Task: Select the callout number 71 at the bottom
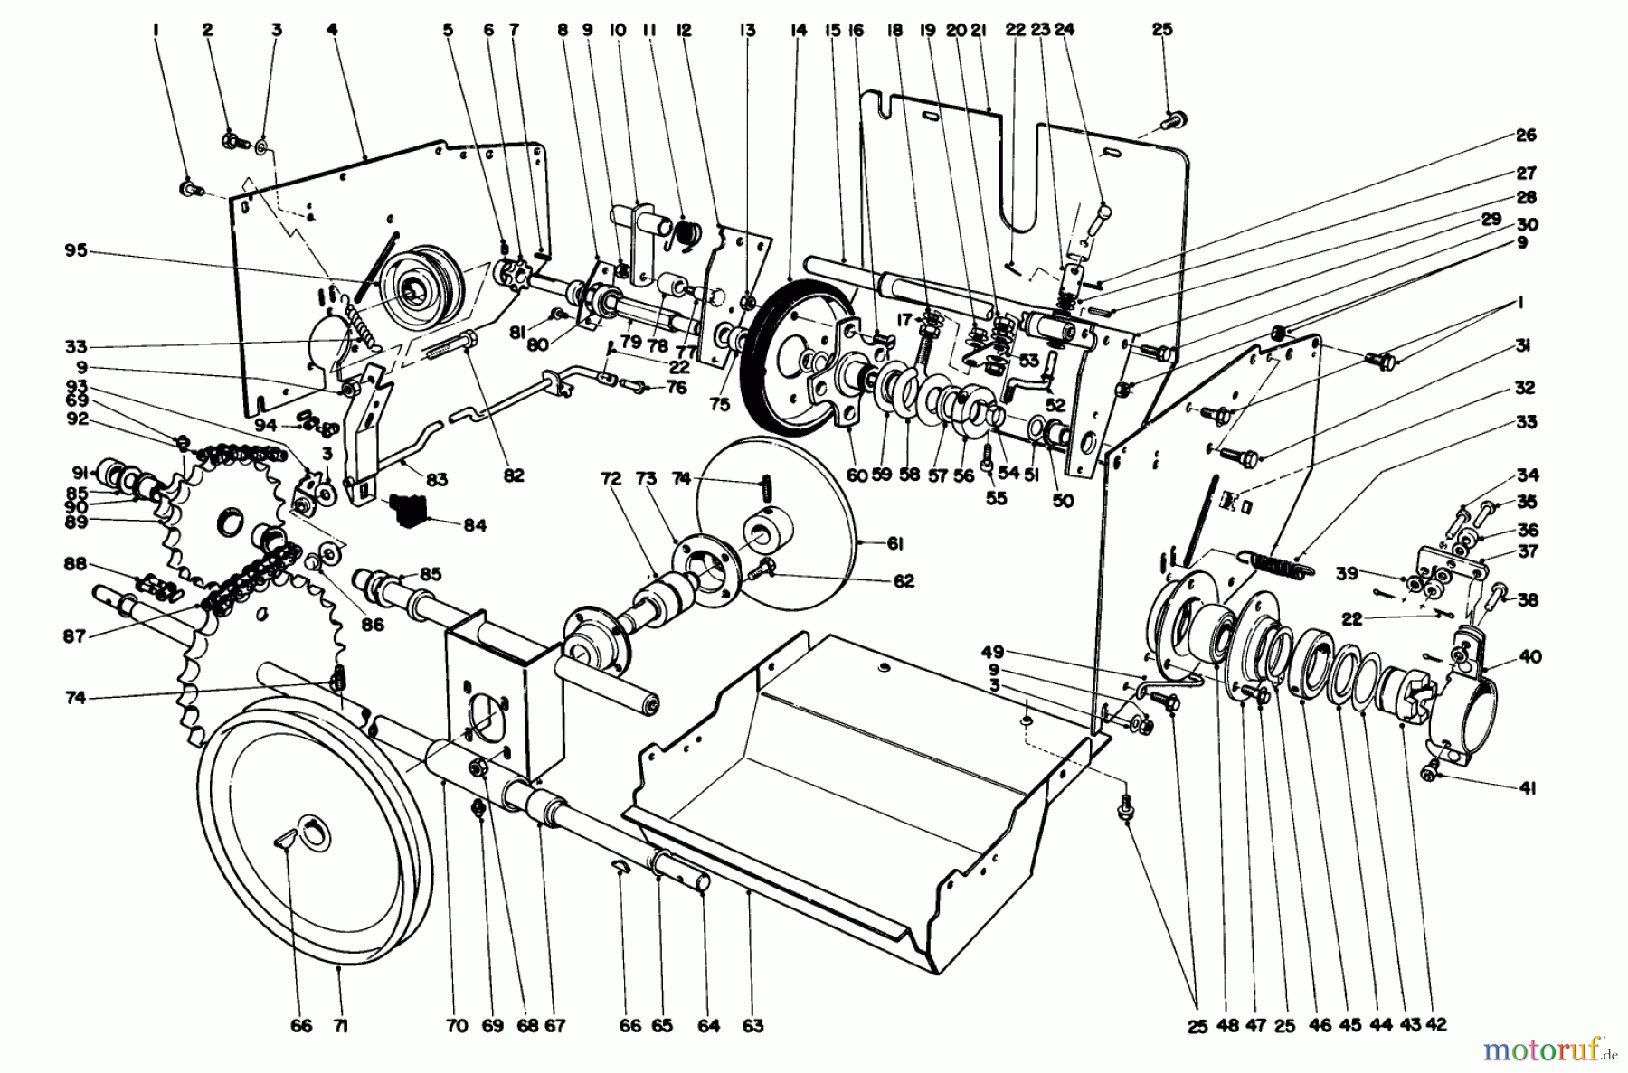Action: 340,1026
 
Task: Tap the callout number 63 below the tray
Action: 752,1026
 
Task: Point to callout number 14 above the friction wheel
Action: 798,30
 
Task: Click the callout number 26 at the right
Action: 1526,136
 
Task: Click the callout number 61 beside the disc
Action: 870,542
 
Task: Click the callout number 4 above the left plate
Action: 333,30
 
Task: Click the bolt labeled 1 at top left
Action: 190,189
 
